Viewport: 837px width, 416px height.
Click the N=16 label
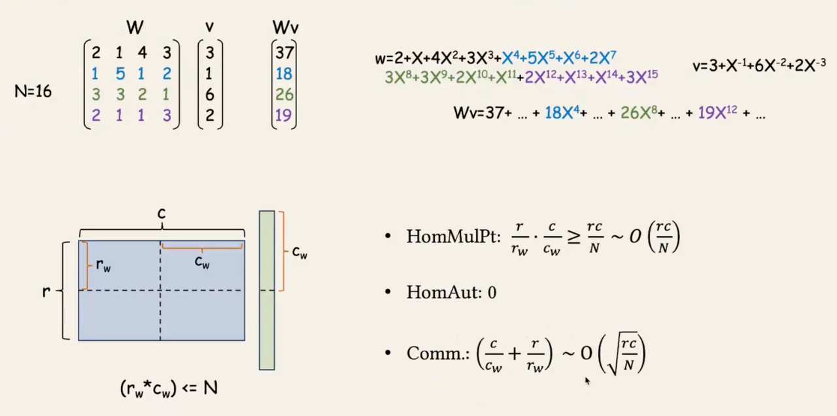[x=33, y=91]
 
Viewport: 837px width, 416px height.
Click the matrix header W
[x=135, y=27]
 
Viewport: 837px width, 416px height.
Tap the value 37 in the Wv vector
[x=284, y=53]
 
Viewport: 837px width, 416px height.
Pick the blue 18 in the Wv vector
[x=284, y=74]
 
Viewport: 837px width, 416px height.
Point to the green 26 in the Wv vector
[x=284, y=95]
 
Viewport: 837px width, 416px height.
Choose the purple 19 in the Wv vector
[x=284, y=116]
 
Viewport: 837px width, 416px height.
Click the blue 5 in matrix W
[x=120, y=74]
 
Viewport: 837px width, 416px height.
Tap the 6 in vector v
[x=210, y=95]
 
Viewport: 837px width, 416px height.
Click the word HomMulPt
[x=451, y=236]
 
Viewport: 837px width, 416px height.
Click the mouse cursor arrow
[x=587, y=381]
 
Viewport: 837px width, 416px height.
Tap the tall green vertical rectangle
[x=267, y=290]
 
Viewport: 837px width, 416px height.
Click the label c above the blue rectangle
[x=162, y=214]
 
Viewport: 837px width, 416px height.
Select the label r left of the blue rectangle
[x=46, y=291]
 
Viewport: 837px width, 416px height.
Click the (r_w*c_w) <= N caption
[x=169, y=388]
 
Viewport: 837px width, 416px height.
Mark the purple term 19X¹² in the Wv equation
[x=717, y=113]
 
